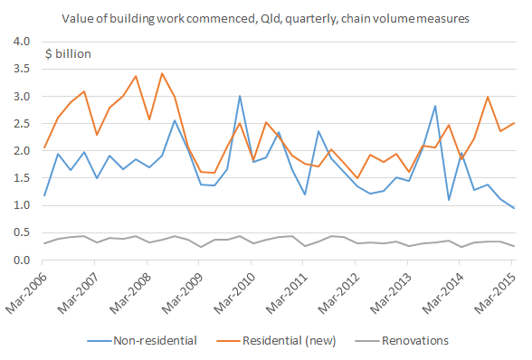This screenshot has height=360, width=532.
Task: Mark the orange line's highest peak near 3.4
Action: pyautogui.click(x=161, y=73)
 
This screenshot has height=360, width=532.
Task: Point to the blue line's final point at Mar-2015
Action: pyautogui.click(x=514, y=208)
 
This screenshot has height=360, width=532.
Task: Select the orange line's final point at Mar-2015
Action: pyautogui.click(x=514, y=123)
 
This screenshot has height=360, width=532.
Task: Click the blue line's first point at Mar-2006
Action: pyautogui.click(x=43, y=195)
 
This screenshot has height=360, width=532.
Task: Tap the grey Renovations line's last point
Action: pyautogui.click(x=514, y=246)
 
